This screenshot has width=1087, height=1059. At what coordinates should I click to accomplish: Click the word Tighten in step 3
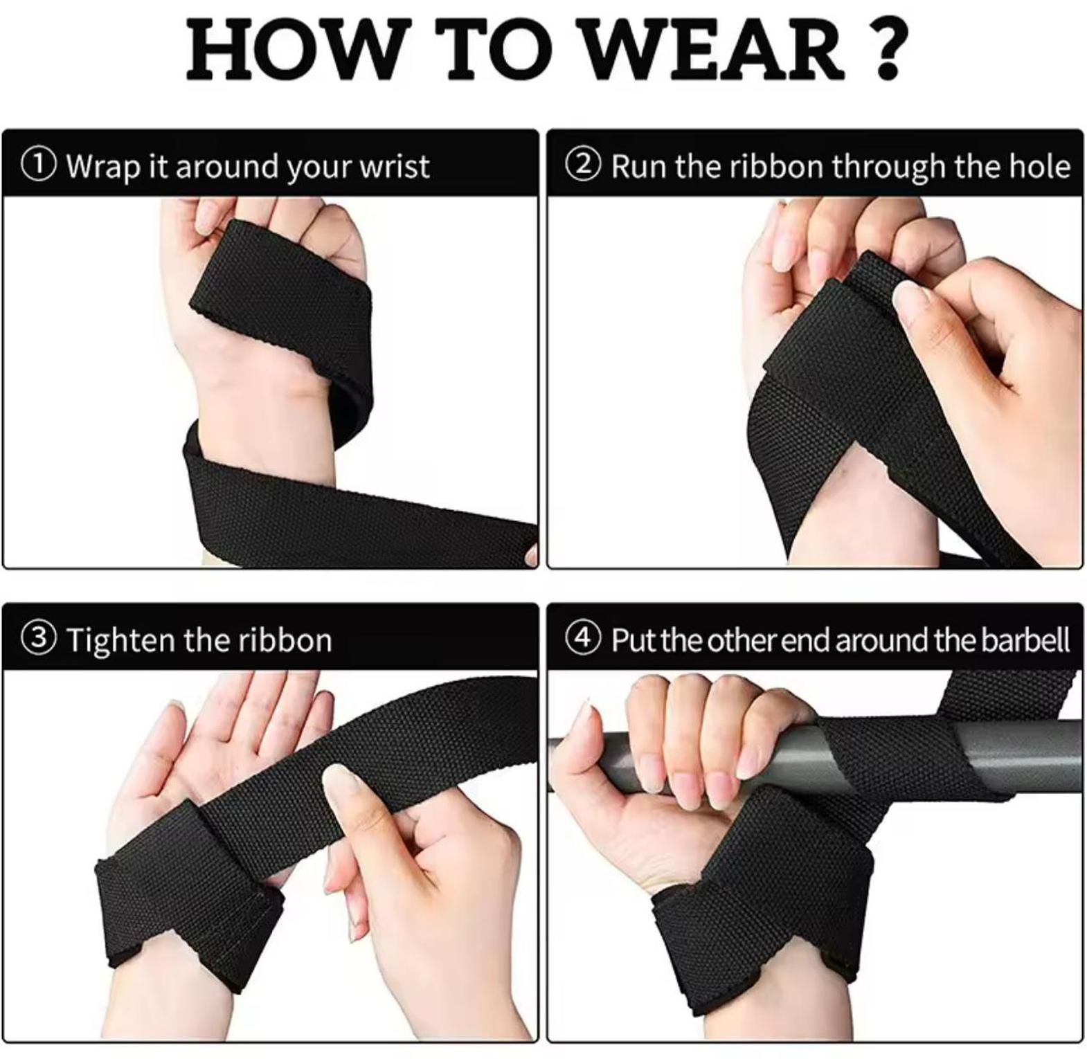[x=120, y=640]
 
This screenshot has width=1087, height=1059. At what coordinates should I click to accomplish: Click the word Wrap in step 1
[x=102, y=167]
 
